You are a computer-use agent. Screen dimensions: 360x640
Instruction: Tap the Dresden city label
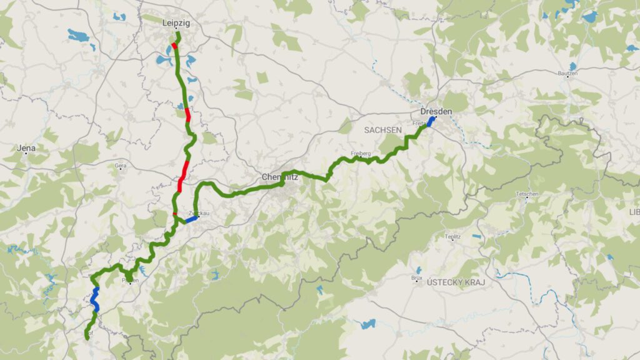pyautogui.click(x=436, y=111)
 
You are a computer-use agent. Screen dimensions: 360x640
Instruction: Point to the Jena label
pyautogui.click(x=26, y=148)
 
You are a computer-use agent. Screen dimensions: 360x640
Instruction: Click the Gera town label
pyautogui.click(x=120, y=166)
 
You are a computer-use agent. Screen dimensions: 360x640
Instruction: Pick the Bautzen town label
pyautogui.click(x=569, y=74)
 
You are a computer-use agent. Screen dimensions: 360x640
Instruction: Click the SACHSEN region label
pyautogui.click(x=382, y=129)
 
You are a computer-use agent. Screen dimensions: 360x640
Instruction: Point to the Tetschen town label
pyautogui.click(x=527, y=194)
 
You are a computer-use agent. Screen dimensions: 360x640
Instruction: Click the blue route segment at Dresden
pyautogui.click(x=431, y=121)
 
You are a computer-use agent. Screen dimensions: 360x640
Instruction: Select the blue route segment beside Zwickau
pyautogui.click(x=191, y=219)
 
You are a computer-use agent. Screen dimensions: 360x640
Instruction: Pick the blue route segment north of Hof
pyautogui.click(x=95, y=297)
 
